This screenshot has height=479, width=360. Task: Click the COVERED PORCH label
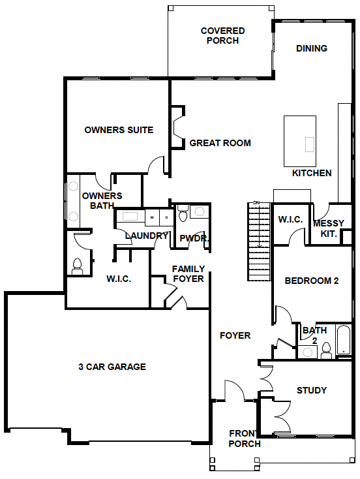click(222, 35)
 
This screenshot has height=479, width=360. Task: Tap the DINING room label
click(312, 48)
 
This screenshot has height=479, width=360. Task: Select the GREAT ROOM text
click(220, 143)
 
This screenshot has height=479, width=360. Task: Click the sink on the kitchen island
click(310, 144)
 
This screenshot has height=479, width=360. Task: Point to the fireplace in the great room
click(177, 127)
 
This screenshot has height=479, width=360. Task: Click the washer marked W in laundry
click(152, 217)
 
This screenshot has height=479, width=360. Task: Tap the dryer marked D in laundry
click(166, 217)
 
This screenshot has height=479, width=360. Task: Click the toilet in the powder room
click(183, 213)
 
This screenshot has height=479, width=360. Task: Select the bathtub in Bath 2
click(344, 339)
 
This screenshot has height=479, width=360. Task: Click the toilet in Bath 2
click(326, 351)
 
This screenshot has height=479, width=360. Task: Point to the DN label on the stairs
click(256, 202)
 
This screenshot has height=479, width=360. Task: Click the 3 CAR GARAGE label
click(112, 367)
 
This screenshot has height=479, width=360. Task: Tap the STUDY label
click(312, 390)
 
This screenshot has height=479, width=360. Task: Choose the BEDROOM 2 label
click(312, 281)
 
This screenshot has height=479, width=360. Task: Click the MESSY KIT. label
click(329, 228)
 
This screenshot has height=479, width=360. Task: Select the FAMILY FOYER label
click(188, 273)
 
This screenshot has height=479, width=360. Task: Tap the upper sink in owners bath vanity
click(73, 186)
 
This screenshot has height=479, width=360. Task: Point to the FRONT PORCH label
click(245, 439)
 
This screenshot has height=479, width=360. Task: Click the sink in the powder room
click(200, 211)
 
